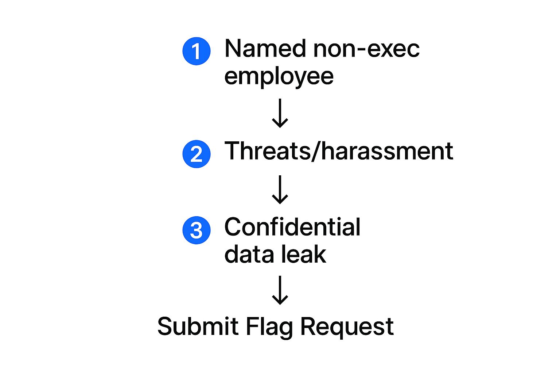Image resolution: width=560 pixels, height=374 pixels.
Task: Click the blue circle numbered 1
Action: [196, 51]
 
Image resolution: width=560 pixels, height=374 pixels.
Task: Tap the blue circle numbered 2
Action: [196, 154]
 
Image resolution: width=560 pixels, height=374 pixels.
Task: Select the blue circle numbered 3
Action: [196, 230]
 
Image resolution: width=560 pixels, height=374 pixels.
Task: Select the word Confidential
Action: [292, 227]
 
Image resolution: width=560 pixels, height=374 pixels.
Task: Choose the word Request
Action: [347, 327]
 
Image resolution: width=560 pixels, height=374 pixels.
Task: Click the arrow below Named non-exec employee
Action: [280, 113]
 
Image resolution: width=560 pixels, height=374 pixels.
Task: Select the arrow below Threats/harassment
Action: [280, 189]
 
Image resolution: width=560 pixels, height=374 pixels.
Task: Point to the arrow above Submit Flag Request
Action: [280, 290]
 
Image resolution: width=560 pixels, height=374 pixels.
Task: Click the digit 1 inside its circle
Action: [196, 51]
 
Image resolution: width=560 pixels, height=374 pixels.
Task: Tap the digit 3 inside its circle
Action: [196, 230]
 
